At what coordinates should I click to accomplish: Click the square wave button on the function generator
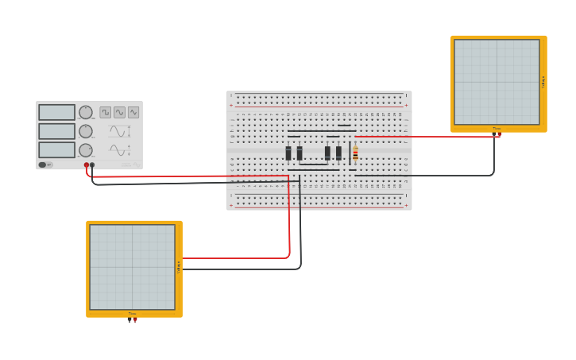105,113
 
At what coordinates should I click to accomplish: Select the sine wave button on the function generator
119,113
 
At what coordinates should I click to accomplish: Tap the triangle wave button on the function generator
133,113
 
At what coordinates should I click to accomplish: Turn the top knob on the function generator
85,113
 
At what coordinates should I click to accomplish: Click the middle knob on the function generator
85,131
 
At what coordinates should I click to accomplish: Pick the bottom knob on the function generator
85,150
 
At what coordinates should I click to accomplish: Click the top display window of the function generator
56,113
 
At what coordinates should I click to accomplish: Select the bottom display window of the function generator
56,150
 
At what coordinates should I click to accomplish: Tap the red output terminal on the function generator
87,165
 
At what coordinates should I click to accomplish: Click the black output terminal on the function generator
92,165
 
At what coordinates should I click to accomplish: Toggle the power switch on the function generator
46,165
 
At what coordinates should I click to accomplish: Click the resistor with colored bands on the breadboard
355,153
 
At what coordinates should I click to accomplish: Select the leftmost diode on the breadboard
288,153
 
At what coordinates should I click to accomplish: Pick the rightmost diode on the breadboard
338,153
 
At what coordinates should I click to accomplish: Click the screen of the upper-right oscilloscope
497,82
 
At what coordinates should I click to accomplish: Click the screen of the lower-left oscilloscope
132,267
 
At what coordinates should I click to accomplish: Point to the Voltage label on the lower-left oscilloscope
179,267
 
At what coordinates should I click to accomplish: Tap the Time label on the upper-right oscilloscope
497,128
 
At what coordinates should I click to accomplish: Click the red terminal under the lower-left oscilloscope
135,320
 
